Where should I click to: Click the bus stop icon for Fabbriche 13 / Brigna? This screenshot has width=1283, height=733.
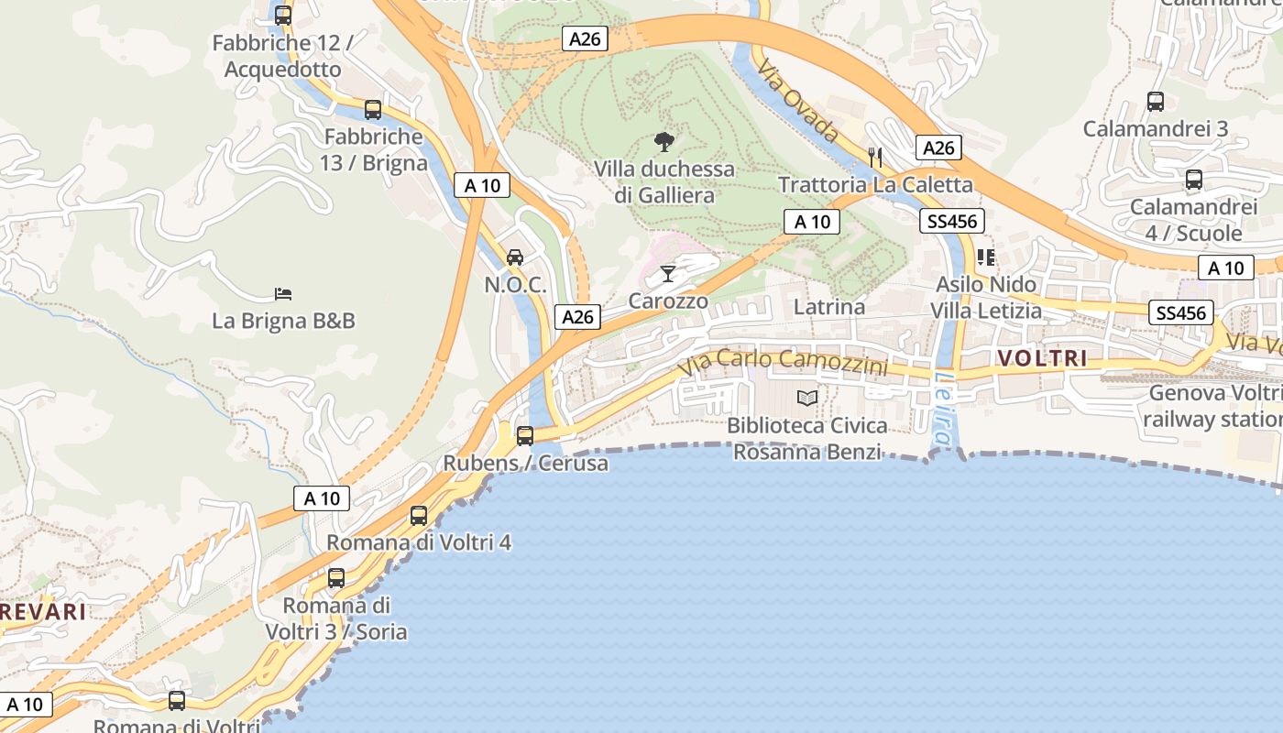[x=373, y=110]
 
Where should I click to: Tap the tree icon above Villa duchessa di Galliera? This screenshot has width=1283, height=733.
[x=664, y=142]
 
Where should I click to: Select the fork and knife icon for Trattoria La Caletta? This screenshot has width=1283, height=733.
[x=875, y=157]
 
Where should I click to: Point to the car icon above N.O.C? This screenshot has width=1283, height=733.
[x=515, y=257]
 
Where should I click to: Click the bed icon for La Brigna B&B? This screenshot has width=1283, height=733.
[x=283, y=294]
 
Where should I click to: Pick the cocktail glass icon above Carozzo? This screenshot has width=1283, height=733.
[x=668, y=273]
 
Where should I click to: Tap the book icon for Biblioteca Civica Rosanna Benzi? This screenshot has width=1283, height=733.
[x=807, y=398]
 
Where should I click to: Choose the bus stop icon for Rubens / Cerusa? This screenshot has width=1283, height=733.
[x=525, y=436]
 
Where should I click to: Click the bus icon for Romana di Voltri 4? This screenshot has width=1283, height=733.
[x=419, y=515]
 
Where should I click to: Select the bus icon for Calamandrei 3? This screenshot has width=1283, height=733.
[x=1156, y=102]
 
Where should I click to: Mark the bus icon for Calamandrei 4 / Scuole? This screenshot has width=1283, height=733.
[x=1193, y=180]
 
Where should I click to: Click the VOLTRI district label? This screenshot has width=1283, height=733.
[x=1042, y=358]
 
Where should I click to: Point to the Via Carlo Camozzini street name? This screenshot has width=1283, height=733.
[x=783, y=361]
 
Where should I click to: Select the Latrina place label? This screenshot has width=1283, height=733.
[x=828, y=307]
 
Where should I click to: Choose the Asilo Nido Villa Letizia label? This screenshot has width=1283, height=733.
[x=986, y=298]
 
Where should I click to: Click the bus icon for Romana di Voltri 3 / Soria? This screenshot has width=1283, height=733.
[x=336, y=578]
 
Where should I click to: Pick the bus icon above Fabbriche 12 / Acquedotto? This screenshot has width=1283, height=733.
[x=283, y=16]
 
